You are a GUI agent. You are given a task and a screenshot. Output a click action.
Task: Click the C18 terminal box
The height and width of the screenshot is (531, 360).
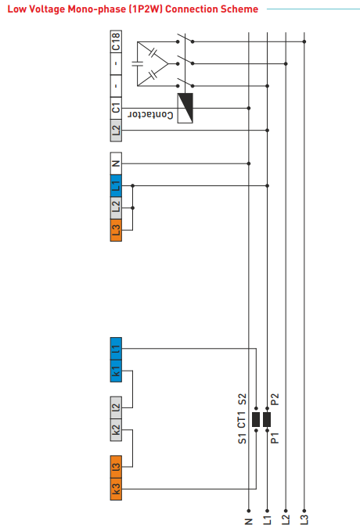(116, 41)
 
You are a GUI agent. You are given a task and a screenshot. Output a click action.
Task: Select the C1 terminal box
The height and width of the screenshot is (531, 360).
(116, 108)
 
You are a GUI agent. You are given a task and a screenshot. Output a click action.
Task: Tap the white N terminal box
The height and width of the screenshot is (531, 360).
(116, 163)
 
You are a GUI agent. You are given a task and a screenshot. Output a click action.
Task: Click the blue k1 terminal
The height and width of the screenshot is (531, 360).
(116, 371)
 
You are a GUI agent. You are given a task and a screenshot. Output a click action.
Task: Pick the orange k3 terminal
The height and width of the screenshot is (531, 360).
(116, 489)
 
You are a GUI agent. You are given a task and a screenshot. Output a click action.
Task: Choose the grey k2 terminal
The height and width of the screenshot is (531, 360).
(116, 430)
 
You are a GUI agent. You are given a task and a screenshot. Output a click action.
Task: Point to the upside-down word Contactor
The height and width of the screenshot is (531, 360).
(150, 114)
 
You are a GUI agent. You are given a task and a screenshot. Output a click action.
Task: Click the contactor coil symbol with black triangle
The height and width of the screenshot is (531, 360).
(185, 108)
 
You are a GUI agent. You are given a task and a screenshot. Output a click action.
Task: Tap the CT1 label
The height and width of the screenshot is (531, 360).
(241, 420)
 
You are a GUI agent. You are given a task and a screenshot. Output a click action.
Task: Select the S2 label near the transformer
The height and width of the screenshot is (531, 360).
(242, 400)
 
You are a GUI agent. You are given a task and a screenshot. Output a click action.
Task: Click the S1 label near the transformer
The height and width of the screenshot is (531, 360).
(242, 437)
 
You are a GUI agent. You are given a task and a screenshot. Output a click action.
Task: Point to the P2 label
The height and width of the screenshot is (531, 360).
(275, 400)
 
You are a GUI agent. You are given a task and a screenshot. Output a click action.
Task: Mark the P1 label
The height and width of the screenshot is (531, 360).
(275, 437)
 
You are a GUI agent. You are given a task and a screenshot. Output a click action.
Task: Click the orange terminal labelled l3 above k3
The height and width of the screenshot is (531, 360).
(116, 467)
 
